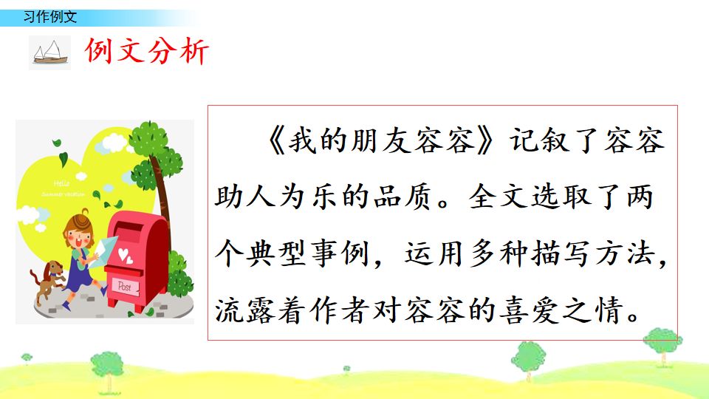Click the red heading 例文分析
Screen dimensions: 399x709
(x=148, y=51)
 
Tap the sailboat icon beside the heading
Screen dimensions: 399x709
(x=49, y=52)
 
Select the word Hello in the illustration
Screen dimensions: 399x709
(x=62, y=183)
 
